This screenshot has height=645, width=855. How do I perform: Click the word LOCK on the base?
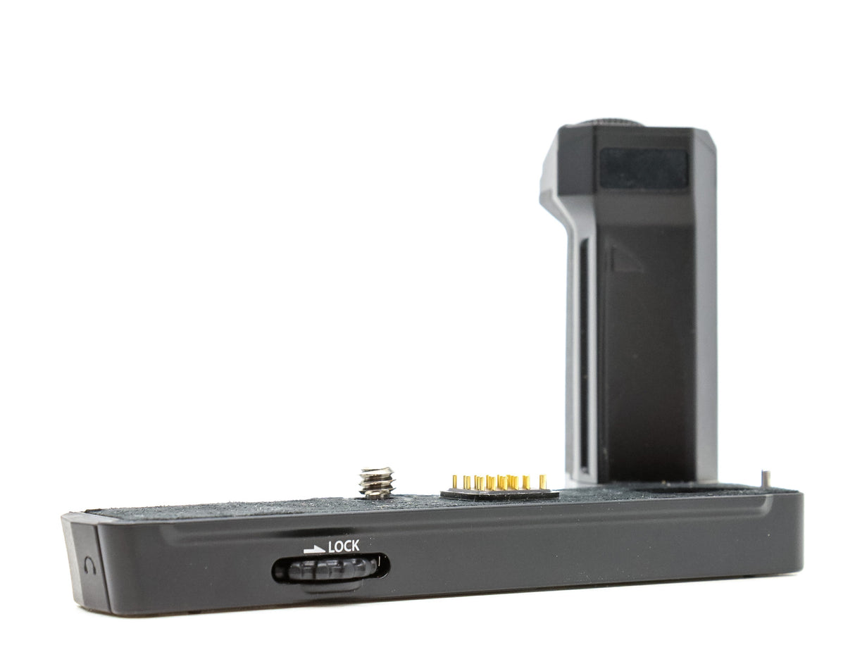click(x=344, y=546)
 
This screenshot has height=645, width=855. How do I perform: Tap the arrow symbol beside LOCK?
click(x=314, y=548)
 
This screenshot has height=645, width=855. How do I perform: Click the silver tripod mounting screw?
click(x=377, y=483)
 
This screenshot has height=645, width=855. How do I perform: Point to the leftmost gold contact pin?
click(x=454, y=482)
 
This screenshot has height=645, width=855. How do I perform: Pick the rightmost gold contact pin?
click(x=542, y=482)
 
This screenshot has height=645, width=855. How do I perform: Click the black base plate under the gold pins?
click(x=500, y=494)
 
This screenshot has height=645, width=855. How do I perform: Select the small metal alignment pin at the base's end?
click(x=767, y=478)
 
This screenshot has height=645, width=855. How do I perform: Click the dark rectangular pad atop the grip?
click(x=644, y=168)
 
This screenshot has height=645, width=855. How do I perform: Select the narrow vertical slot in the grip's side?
click(x=583, y=352)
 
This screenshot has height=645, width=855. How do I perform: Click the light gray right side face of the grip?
click(x=706, y=317)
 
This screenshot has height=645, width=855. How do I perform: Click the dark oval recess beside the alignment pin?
click(x=669, y=487)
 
